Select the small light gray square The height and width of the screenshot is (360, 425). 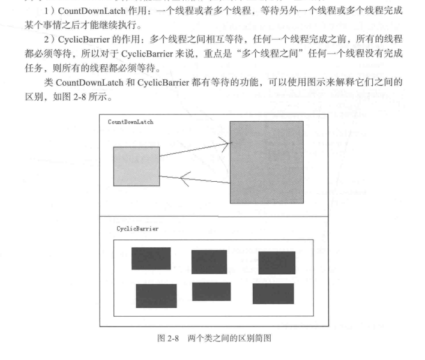coord(136,166)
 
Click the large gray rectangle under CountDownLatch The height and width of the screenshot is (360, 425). coord(266,162)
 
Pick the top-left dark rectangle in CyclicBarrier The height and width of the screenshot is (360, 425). coord(151,258)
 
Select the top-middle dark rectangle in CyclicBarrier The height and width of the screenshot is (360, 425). coord(209,262)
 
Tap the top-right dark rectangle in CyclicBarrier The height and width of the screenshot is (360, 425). coord(277,263)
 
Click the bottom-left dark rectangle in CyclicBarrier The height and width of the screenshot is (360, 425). coord(156,295)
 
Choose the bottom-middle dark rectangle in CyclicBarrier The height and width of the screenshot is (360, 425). coord(211,292)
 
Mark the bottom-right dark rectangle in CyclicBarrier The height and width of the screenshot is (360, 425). coord(273,293)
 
